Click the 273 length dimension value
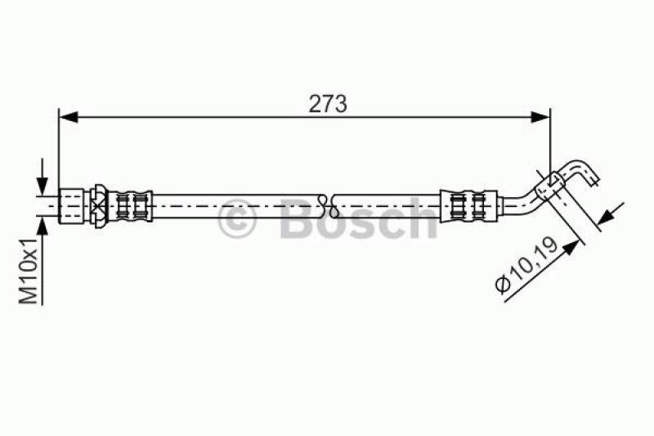point(327,104)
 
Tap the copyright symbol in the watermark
point(238,219)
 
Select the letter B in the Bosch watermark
point(298,219)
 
